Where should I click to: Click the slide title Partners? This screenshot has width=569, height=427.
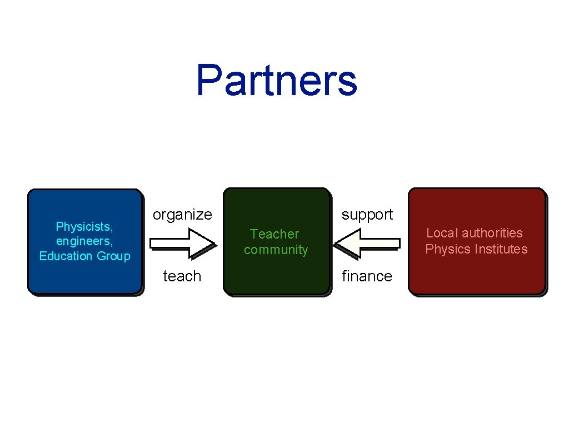pos(276,80)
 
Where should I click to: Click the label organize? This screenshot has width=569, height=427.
pos(182,215)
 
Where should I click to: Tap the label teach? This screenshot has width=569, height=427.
pos(182,276)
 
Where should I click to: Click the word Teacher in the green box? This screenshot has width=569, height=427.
pos(274,234)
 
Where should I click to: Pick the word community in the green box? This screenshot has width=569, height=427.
pos(276,250)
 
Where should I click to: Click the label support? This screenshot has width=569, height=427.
pos(367,215)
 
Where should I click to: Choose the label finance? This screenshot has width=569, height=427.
pos(367,276)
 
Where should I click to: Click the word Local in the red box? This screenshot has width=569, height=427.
pos(442,233)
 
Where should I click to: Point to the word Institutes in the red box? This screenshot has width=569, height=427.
pos(498,249)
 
